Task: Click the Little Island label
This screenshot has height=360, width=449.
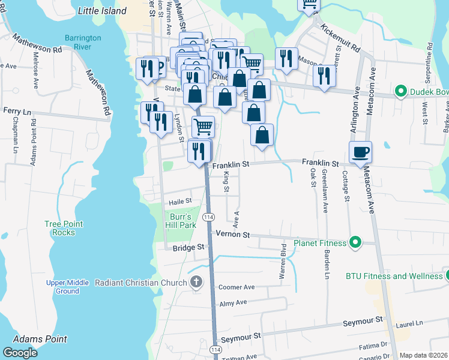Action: pos(102,11)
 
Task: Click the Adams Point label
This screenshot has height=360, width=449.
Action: pos(40,339)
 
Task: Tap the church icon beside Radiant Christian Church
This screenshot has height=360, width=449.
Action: pos(196,283)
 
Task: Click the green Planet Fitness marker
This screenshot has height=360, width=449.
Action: pos(355,243)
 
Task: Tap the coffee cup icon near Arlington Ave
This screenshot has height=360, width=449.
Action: pos(360,152)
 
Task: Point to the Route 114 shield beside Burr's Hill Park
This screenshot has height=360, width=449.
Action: pos(208,217)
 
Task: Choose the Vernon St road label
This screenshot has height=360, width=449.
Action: pos(232,235)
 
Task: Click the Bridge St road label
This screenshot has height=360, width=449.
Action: pos(188,247)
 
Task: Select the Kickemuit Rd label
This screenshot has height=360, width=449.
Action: pos(340,37)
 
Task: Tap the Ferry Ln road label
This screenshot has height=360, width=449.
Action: pos(17,112)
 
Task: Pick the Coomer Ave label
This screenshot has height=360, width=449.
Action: pos(237,287)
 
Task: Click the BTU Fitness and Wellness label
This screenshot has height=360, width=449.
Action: pos(394,276)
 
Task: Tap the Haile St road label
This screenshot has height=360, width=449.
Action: pos(179,201)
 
